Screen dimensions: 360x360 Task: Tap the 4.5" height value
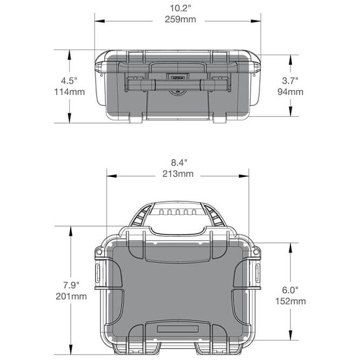click(x=70, y=81)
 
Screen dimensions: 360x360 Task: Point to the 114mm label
click(x=70, y=92)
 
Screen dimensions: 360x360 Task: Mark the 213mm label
click(x=178, y=174)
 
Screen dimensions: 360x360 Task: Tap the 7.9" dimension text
click(x=71, y=285)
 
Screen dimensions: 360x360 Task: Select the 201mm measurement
click(x=71, y=296)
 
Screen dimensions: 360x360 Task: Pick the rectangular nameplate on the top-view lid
click(x=178, y=329)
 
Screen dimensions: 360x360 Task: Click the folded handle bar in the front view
click(x=178, y=85)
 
